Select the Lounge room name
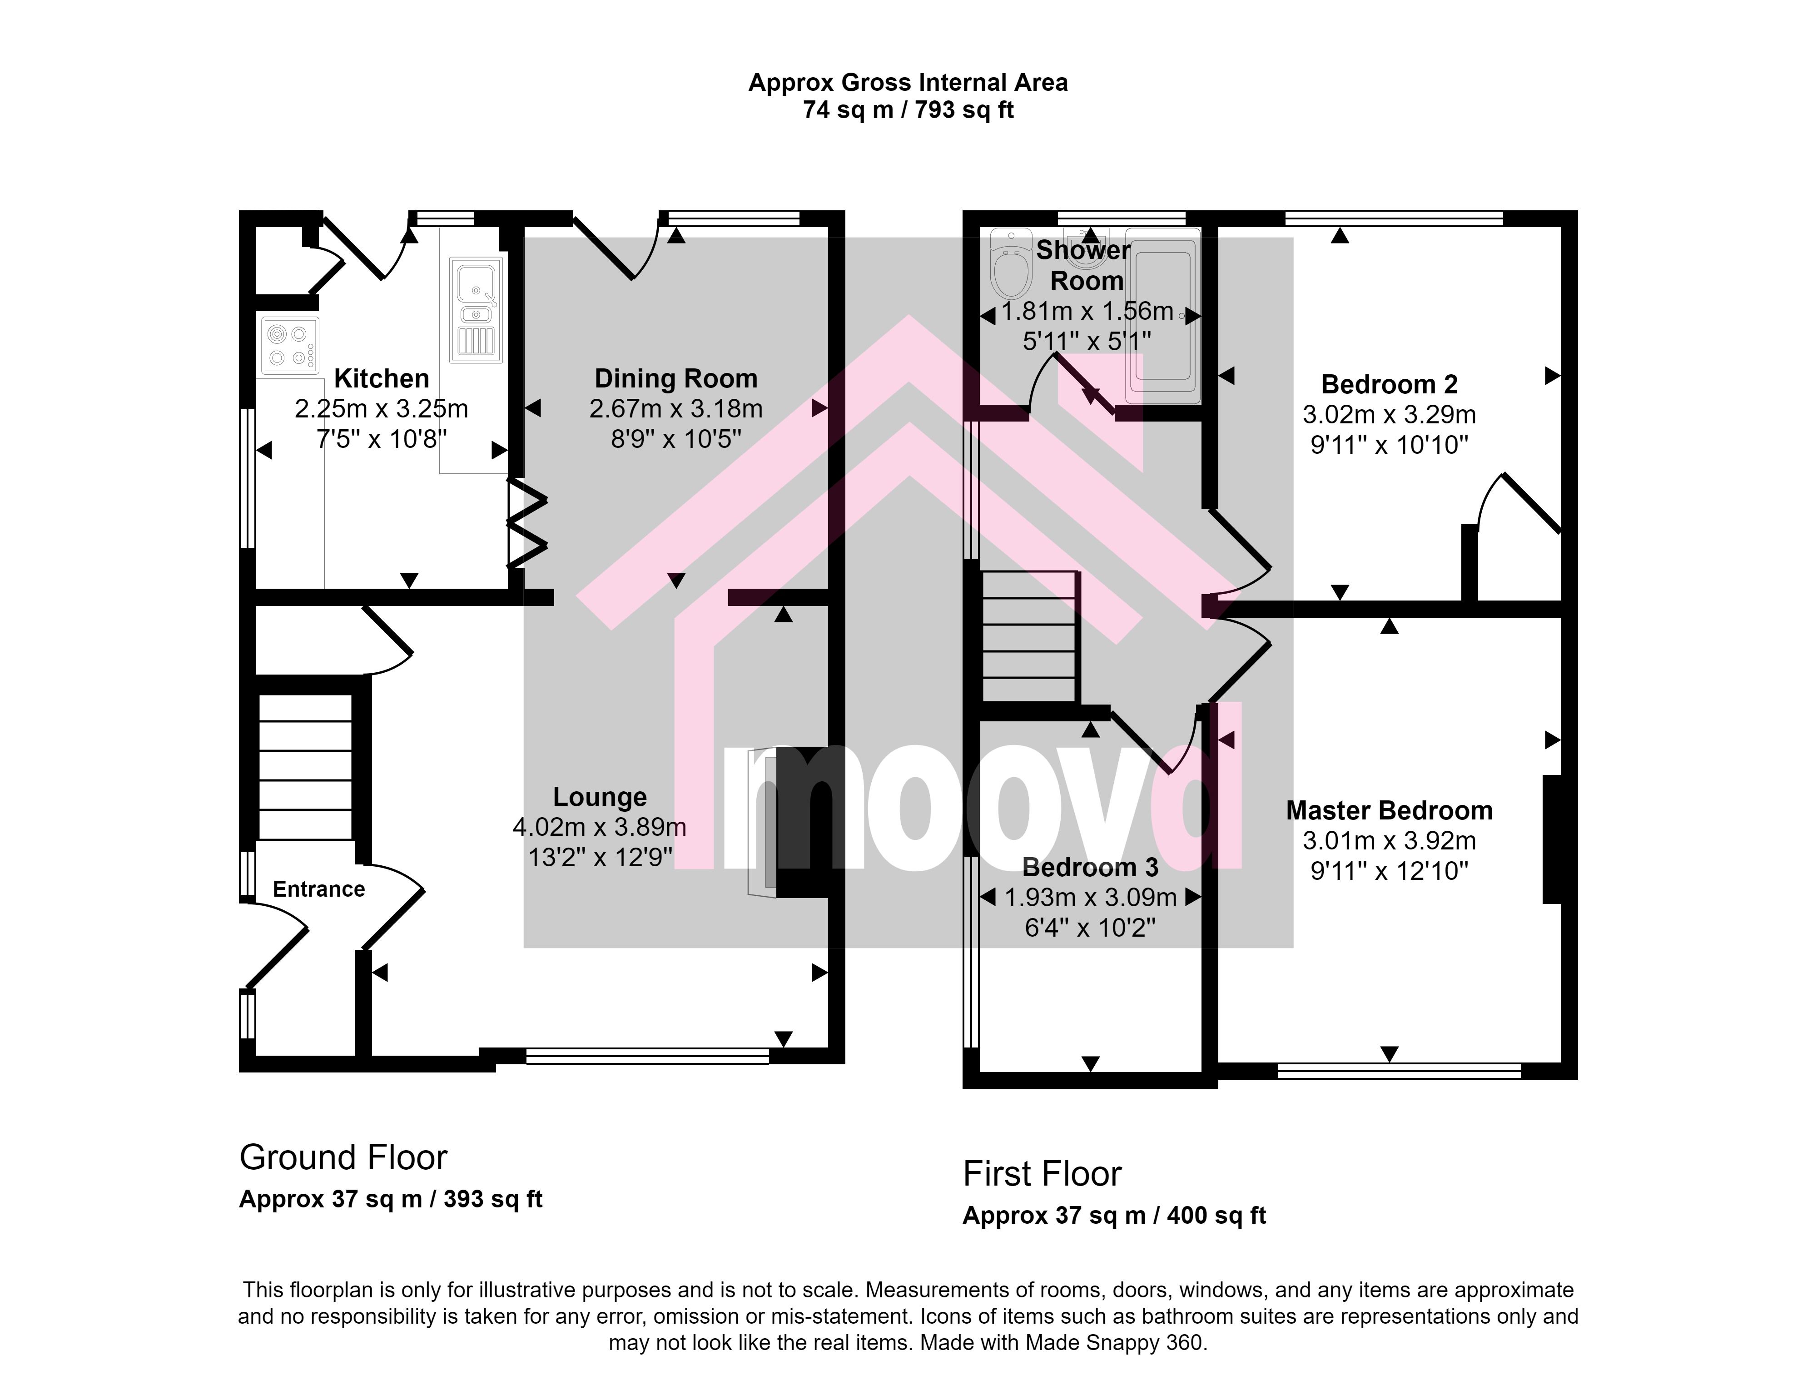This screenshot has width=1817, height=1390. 600,797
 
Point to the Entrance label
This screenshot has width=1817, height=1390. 318,889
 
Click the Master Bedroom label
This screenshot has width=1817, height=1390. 1389,811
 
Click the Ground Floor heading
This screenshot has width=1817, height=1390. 343,1157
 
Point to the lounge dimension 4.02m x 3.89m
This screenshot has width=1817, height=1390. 600,827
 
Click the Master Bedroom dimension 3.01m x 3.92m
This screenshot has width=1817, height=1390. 1389,841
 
